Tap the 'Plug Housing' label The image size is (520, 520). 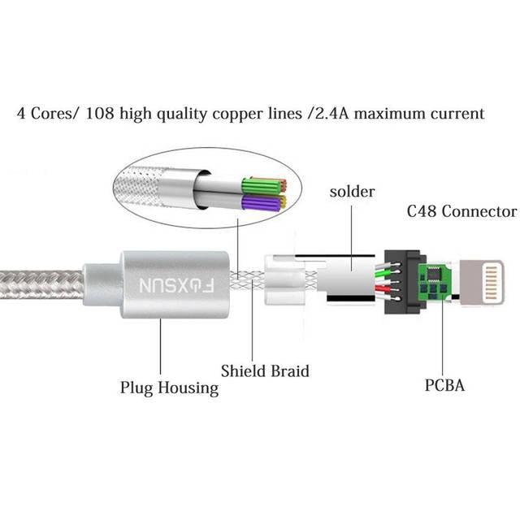point(169,387)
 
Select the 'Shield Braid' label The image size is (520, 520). point(264,371)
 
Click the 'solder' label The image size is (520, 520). point(353,192)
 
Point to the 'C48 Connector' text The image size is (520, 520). point(461,212)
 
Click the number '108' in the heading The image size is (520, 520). point(105,114)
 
